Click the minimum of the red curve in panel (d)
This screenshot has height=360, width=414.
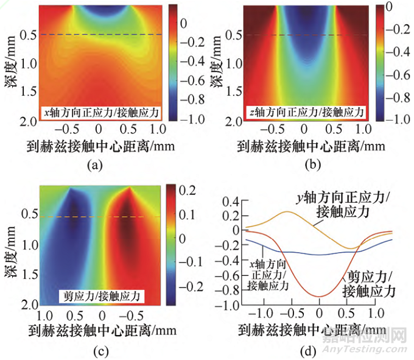coord(318,297)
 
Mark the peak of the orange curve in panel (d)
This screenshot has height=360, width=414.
coord(287,211)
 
